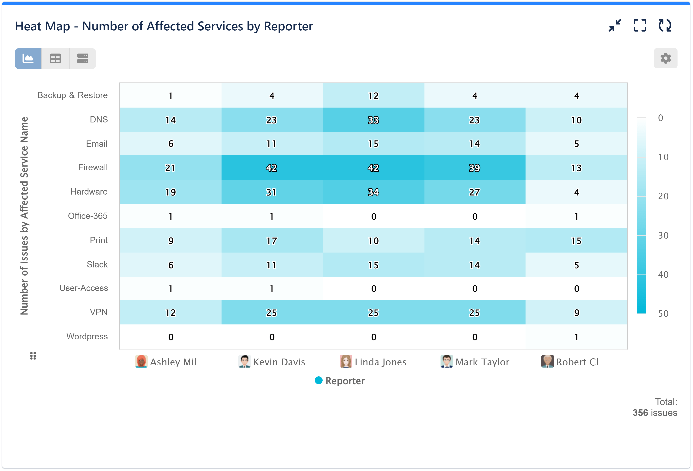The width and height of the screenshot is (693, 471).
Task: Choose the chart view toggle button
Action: (28, 58)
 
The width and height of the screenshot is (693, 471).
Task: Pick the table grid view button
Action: (55, 58)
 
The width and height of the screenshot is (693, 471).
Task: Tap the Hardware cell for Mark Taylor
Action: (474, 192)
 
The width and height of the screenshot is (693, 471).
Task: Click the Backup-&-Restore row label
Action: (72, 95)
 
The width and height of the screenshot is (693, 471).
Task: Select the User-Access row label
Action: (83, 288)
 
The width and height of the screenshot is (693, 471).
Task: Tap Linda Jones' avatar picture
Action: (346, 361)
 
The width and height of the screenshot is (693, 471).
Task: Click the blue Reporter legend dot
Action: (318, 380)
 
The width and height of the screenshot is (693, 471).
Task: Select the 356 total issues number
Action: (640, 413)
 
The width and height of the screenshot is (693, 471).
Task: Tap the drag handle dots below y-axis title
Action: (33, 356)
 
